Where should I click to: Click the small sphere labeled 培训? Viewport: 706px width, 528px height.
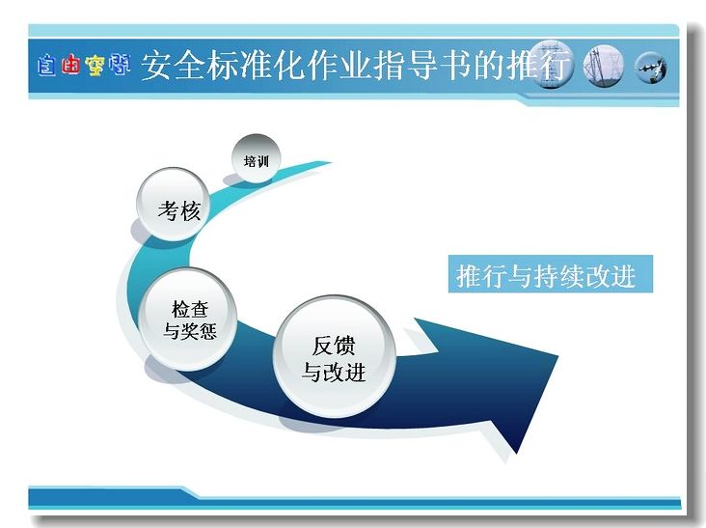257,158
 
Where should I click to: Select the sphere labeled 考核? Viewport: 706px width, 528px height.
174,204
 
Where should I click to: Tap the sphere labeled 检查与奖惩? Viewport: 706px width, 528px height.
188,319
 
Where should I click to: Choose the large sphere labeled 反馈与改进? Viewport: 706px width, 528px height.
335,356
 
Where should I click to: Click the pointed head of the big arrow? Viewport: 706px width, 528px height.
557,356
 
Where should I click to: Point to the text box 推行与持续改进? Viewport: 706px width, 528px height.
550,274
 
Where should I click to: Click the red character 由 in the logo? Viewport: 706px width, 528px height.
70,65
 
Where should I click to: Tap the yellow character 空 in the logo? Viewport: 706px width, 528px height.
95,66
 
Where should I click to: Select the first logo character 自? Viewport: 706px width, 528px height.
47,66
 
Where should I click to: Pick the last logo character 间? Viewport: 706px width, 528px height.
120,65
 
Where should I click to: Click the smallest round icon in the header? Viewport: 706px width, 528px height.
650,68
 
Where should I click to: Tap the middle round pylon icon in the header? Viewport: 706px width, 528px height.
604,67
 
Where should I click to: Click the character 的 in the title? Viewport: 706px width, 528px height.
489,66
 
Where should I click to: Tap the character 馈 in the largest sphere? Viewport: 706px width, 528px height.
344,346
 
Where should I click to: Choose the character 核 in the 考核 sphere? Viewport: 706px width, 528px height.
190,210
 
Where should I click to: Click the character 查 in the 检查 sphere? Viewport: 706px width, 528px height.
199,310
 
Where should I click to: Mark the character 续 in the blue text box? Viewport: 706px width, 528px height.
571,276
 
